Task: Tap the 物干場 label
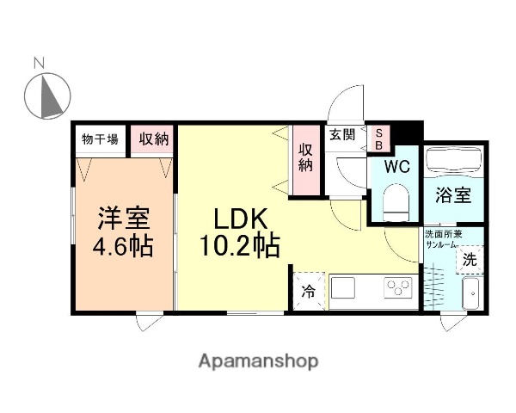pos(100,139)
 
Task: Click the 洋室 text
pos(124,216)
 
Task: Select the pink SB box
pos(378,139)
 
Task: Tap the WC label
pos(396,165)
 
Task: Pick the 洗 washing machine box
pos(470,258)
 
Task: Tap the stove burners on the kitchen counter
pos(397,286)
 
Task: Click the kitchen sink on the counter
pos(347,286)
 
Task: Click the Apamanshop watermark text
pos(257,361)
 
